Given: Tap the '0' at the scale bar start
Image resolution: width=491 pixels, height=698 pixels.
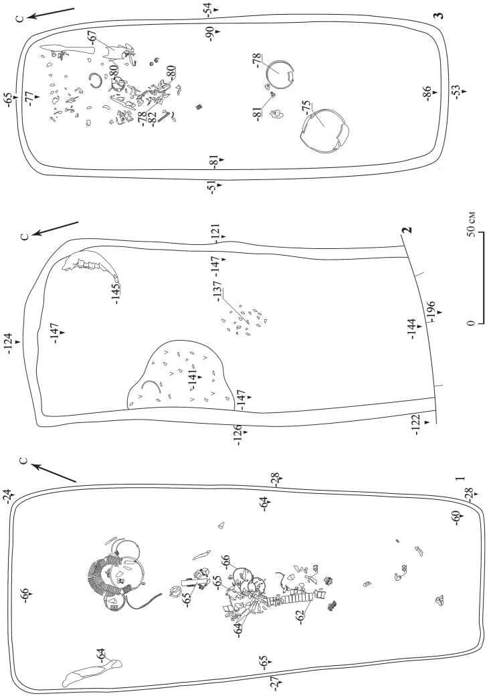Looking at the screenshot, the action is pos(472,323).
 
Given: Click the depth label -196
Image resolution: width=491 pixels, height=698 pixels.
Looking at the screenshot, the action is pos(431,309).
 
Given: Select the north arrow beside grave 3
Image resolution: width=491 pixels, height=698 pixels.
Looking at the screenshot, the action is pos(49,17).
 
